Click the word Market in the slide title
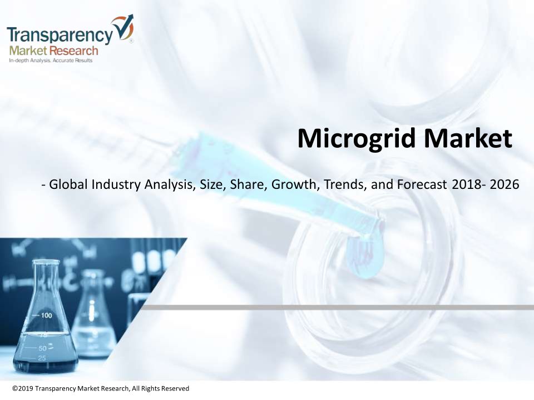468,138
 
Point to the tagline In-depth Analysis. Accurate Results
51,61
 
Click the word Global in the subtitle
68,184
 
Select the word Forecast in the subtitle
422,184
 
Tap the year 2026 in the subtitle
505,184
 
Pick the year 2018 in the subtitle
467,184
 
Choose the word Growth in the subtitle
295,184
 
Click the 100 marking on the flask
47,316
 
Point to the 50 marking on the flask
43,348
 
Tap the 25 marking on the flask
42,358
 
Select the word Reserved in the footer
175,388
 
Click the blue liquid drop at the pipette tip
364,256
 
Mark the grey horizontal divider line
337,307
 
